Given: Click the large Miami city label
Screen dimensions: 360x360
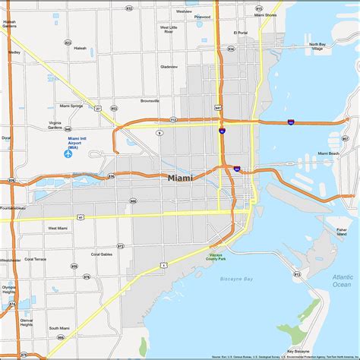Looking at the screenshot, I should point(180,178).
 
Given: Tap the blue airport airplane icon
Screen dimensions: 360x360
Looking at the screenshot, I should point(68,154).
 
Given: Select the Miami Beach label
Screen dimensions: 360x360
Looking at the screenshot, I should point(328,154).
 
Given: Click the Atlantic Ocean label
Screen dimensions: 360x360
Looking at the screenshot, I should point(342,281).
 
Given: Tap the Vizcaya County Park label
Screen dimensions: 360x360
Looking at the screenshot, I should point(218,258).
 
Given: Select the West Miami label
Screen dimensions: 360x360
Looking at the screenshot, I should point(58,228).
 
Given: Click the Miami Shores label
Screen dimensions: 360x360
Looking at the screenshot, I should point(265,15).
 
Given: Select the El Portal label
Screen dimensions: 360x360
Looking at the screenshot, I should point(241,33).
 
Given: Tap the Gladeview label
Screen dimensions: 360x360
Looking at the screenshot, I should point(169,67).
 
